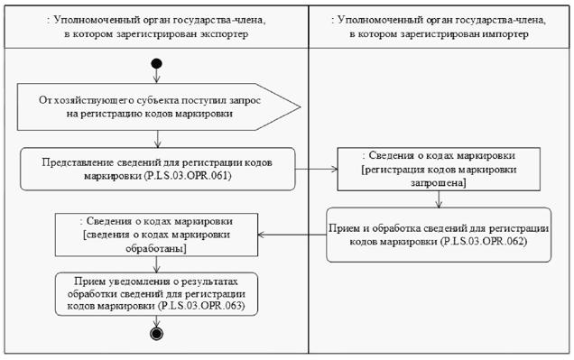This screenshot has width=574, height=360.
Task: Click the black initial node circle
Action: [x=156, y=64]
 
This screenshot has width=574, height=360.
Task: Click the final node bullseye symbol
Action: [x=157, y=334]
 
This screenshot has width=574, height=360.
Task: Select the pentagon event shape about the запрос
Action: [x=159, y=106]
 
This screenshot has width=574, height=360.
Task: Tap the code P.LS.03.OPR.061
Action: [x=188, y=176]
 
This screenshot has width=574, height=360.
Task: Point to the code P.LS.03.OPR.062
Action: [x=484, y=242]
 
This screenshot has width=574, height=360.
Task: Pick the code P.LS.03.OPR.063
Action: [x=201, y=306]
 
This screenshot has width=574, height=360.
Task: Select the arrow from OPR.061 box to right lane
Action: [x=316, y=169]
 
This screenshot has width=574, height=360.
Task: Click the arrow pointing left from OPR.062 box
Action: [x=292, y=235]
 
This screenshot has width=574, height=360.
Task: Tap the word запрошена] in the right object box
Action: [x=439, y=182]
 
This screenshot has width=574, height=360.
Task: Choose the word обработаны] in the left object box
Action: [x=156, y=248]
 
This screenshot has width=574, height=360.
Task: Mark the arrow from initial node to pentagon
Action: [x=157, y=76]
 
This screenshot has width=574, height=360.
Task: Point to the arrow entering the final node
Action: [x=157, y=321]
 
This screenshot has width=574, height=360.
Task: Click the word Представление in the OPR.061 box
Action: [x=79, y=162]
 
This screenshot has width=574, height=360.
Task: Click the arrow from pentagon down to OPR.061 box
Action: [x=158, y=139]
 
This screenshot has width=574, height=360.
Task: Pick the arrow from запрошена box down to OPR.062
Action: [x=439, y=199]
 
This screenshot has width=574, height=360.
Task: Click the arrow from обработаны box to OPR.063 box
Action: [x=157, y=264]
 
